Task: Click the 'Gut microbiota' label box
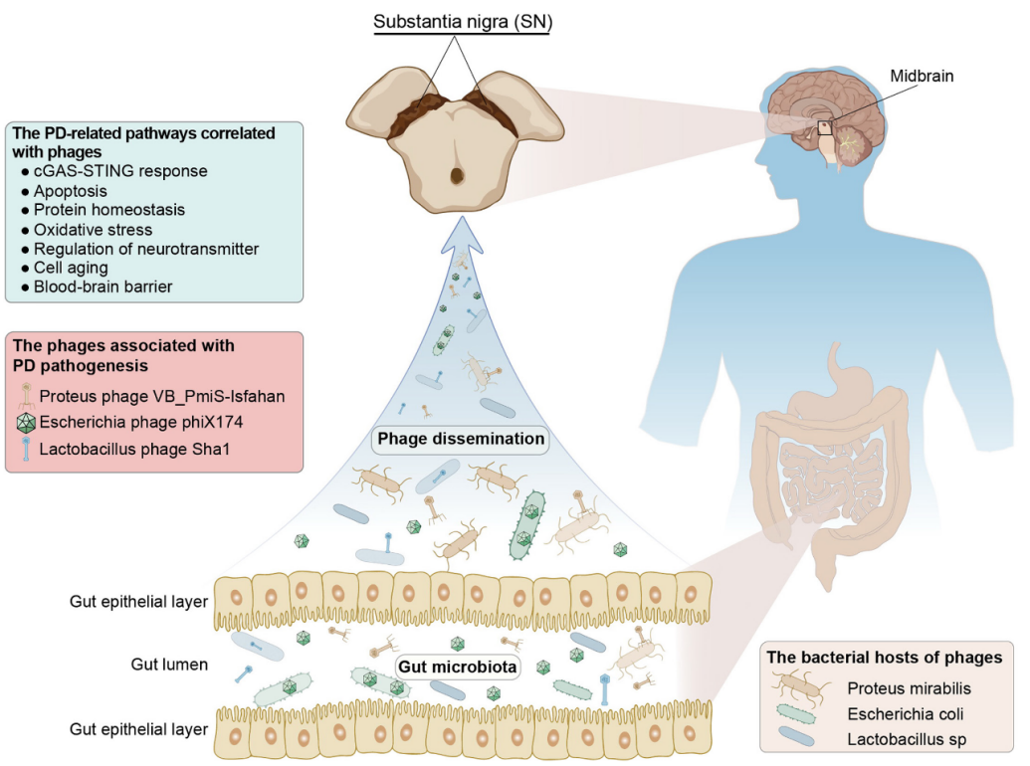[457, 667]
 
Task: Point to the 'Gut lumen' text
[169, 664]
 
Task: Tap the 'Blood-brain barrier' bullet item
[103, 287]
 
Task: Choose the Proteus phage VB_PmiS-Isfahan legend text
[163, 397]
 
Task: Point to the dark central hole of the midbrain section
[457, 176]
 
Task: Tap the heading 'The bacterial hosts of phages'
[883, 658]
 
